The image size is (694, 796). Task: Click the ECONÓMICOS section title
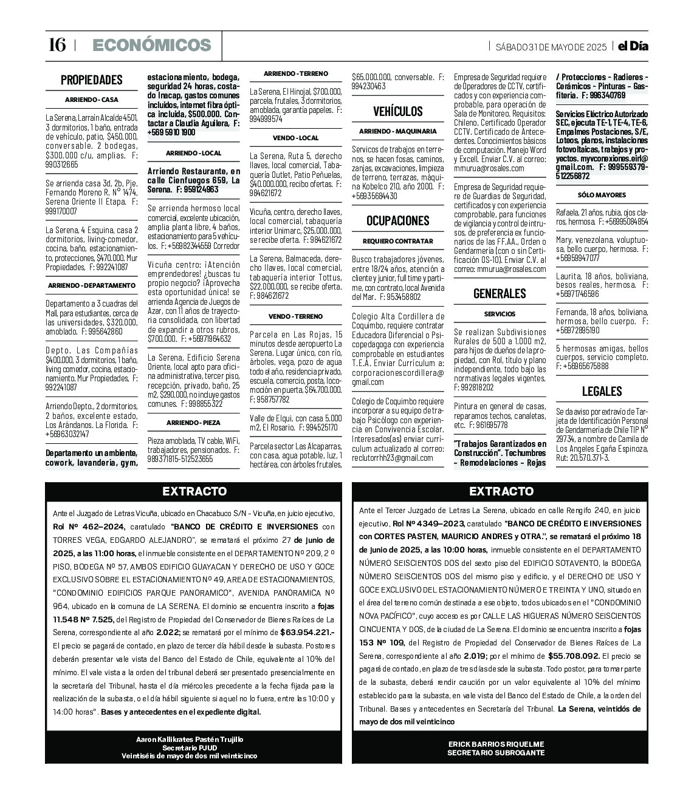(x=151, y=46)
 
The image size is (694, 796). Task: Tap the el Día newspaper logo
(x=633, y=46)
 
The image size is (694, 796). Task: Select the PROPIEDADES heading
(x=91, y=80)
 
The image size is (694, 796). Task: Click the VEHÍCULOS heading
(x=397, y=111)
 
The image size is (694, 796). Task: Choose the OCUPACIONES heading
(x=397, y=220)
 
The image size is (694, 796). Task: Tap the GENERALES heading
(x=500, y=293)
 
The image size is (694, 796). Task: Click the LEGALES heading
(x=602, y=391)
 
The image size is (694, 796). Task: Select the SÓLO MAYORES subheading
(x=602, y=195)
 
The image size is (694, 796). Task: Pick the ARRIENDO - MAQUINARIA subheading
(x=397, y=131)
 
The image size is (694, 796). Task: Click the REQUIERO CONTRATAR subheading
(x=397, y=241)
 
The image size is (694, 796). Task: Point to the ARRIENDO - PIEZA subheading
(x=193, y=423)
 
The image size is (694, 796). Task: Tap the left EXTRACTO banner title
(x=194, y=492)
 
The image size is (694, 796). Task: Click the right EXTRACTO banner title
(x=501, y=492)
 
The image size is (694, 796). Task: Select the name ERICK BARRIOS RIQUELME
(x=496, y=744)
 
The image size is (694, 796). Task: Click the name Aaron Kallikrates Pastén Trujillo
(x=190, y=739)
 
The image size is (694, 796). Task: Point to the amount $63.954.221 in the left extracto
(x=308, y=632)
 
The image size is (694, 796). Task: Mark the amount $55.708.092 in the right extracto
(x=574, y=656)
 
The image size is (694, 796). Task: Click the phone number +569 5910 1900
(x=171, y=132)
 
